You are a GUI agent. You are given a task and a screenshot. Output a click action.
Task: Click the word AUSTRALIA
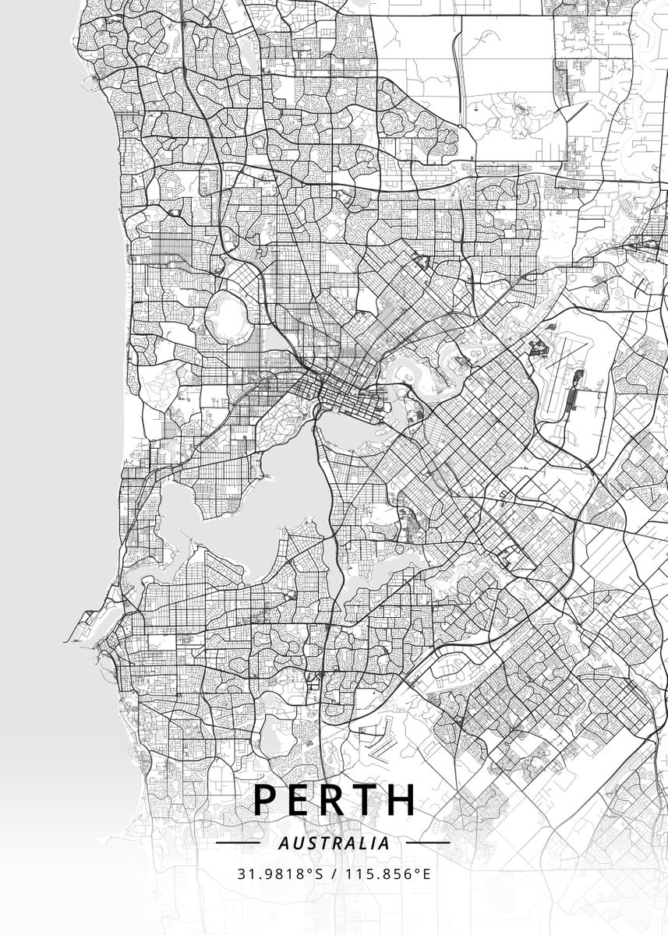point(334,843)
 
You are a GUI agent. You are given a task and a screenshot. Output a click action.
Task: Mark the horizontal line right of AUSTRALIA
point(428,843)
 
